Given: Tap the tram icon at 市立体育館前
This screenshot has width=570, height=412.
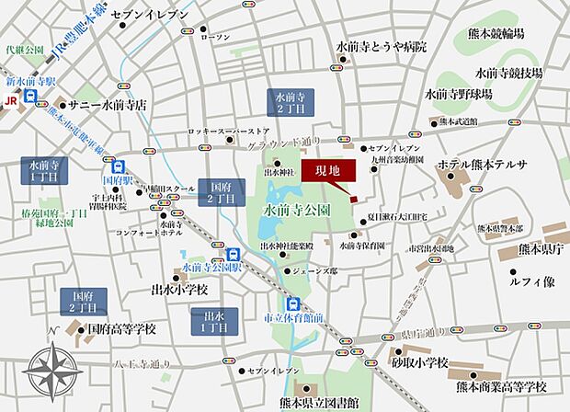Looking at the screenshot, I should [x=292, y=305].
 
